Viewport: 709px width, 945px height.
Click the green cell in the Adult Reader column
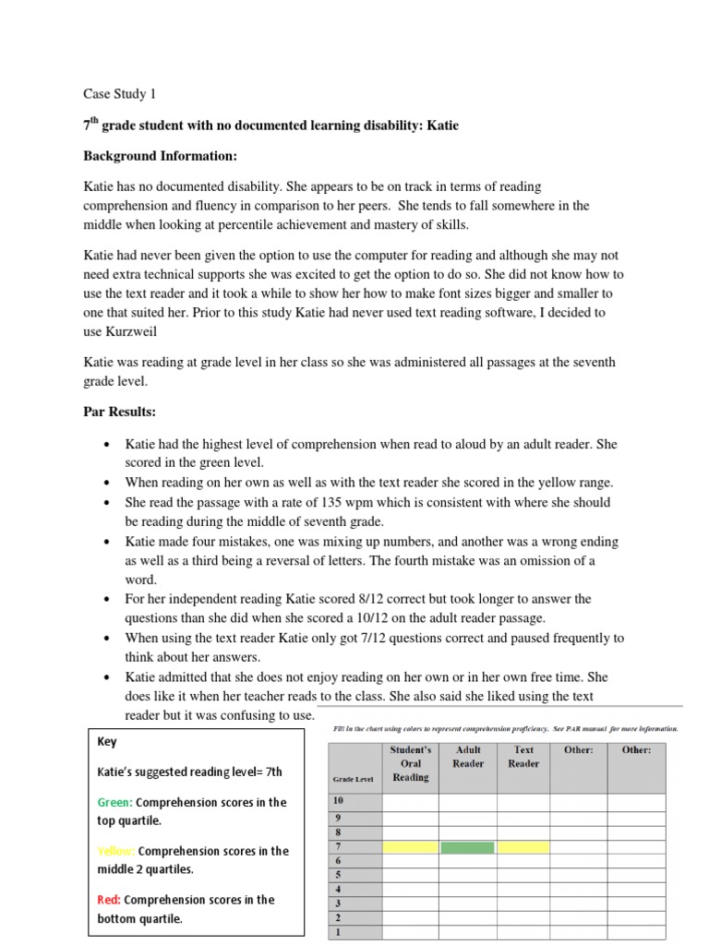pyautogui.click(x=467, y=847)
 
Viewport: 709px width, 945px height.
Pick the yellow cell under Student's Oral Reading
pyautogui.click(x=410, y=847)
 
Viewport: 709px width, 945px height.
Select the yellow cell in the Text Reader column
pyautogui.click(x=523, y=847)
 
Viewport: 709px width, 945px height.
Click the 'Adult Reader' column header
pyautogui.click(x=468, y=757)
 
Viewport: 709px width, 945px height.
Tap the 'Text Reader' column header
pyautogui.click(x=523, y=757)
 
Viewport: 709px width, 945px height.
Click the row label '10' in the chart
pyautogui.click(x=339, y=801)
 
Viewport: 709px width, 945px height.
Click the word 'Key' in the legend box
pyautogui.click(x=108, y=741)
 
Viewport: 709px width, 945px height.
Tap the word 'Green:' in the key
pyautogui.click(x=115, y=803)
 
